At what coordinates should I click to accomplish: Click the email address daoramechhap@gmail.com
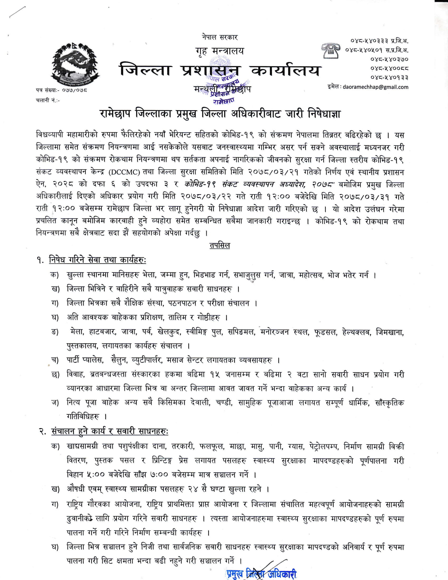(x=375, y=87)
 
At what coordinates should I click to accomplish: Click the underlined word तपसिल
(x=220, y=245)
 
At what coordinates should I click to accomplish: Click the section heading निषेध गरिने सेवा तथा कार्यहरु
(x=98, y=260)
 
